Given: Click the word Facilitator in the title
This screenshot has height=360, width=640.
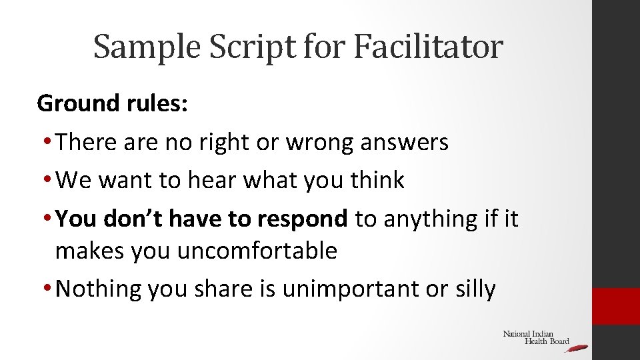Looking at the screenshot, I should coord(428,47).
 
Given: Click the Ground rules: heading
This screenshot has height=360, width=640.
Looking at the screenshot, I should coord(113,104).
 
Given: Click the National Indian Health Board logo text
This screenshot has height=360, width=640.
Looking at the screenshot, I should coord(533,337).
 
